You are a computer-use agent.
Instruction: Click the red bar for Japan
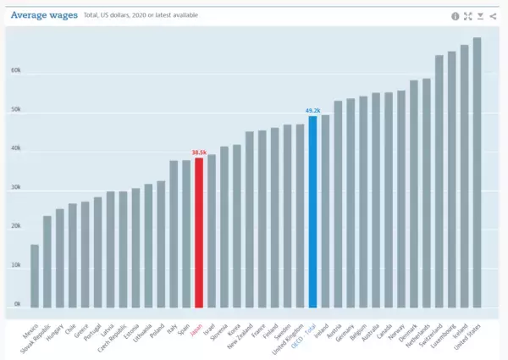[x=199, y=233]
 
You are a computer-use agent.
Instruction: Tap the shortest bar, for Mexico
[x=35, y=276]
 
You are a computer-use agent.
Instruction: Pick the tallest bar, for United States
[x=477, y=173]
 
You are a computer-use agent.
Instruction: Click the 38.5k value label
[x=199, y=152]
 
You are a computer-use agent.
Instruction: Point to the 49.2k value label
[x=312, y=110]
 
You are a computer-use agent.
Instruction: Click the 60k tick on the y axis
[x=16, y=71]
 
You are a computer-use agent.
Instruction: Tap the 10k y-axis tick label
[x=16, y=265]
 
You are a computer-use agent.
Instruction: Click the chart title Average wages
[x=43, y=15]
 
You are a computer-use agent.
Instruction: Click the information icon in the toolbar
[x=455, y=16]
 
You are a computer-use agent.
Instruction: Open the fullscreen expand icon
[x=467, y=16]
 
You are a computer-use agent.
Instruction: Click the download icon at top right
[x=480, y=16]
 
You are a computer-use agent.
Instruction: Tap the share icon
[x=493, y=16]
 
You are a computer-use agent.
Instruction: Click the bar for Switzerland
[x=439, y=181]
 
